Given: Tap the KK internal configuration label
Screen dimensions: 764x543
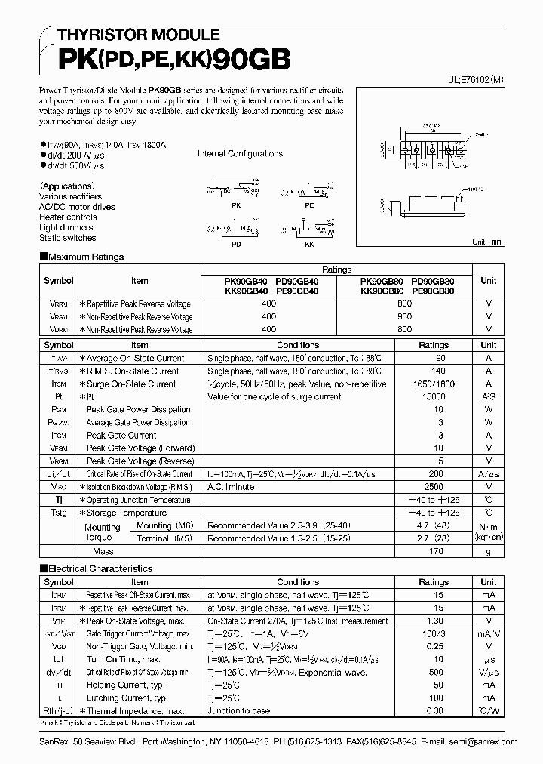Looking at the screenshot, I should point(308,244).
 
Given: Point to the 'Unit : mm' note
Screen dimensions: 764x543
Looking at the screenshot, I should point(486,242).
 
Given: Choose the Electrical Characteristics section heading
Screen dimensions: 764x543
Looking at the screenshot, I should point(96,568).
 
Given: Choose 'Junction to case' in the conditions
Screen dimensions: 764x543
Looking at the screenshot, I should point(238,710).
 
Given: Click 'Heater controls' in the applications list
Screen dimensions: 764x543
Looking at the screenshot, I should point(68,217).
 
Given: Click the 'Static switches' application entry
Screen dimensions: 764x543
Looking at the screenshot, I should point(67,238).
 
